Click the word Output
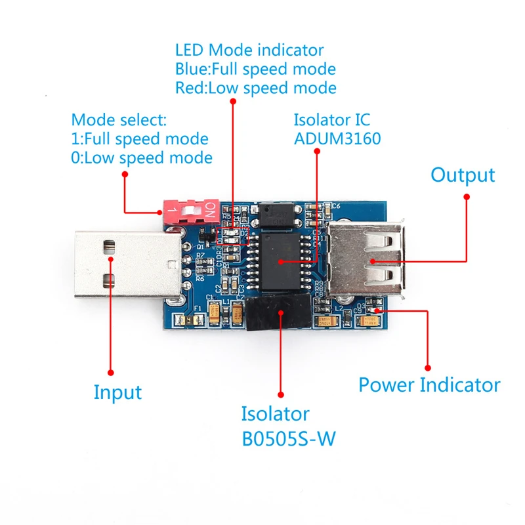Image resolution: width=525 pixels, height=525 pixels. pyautogui.click(x=462, y=175)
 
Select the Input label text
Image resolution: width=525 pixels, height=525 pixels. pyautogui.click(x=117, y=392)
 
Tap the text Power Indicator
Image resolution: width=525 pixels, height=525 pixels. pyautogui.click(x=429, y=385)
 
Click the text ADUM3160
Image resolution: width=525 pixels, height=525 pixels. pyautogui.click(x=337, y=139)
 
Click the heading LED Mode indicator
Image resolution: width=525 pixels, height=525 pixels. pyautogui.click(x=249, y=50)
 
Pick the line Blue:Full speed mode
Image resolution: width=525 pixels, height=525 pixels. pyautogui.click(x=255, y=69)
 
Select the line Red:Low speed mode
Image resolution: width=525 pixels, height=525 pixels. pyautogui.click(x=255, y=88)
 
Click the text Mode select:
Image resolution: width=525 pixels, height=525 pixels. pyautogui.click(x=119, y=120)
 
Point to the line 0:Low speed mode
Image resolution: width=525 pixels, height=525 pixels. pyautogui.click(x=142, y=157)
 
